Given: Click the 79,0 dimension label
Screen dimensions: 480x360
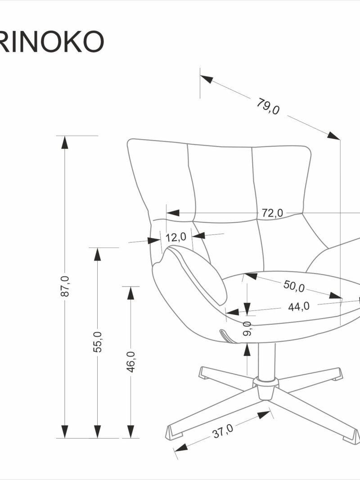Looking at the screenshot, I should tap(268, 106).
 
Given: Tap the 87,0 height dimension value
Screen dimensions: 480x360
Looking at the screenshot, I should tap(65, 286).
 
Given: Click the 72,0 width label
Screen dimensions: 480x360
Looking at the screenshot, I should tap(272, 213).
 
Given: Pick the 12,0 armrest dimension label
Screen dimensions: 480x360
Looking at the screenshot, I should tap(176, 237).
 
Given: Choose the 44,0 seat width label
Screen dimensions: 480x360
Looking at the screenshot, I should tap(299, 306).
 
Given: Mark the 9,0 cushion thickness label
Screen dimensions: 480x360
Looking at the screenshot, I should tap(247, 328).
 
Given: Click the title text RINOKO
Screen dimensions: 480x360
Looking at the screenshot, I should tap(52, 42).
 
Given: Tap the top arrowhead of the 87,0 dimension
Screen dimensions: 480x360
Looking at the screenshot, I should tap(65, 142).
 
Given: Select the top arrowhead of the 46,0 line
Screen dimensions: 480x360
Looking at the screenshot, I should tap(131, 293).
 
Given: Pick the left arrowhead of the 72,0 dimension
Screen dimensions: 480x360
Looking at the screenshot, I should tap(173, 212).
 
